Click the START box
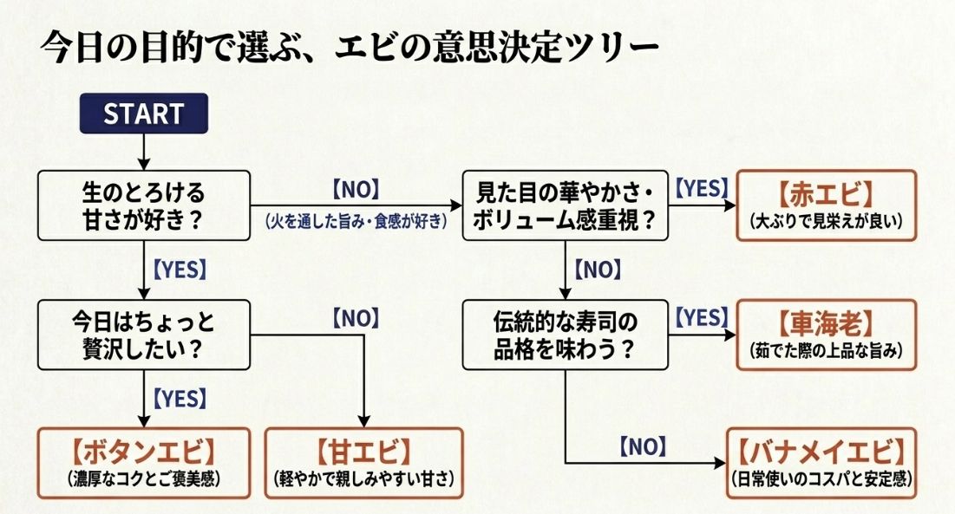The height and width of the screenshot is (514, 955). [x=143, y=114]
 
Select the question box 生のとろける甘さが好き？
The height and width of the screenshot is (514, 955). [x=143, y=205]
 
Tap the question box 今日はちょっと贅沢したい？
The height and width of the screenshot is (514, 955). [x=143, y=335]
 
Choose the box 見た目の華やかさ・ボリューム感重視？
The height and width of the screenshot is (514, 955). [x=565, y=205]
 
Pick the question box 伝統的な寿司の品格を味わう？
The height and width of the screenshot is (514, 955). [x=565, y=335]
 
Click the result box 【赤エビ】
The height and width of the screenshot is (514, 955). [x=826, y=205]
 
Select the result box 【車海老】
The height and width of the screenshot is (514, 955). [x=826, y=335]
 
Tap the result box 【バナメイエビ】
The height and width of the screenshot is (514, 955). [x=821, y=463]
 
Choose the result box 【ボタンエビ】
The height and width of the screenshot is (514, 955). [x=143, y=463]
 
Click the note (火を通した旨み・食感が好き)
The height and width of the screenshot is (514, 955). [x=356, y=222]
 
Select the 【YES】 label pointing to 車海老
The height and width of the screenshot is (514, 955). [x=701, y=319]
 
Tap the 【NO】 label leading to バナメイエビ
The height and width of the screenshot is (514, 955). [x=643, y=447]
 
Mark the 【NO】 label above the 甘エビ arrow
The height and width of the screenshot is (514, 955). [x=356, y=318]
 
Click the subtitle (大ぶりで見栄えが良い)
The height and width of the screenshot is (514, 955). [x=826, y=222]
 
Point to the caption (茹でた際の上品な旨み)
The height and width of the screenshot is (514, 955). [x=826, y=352]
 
